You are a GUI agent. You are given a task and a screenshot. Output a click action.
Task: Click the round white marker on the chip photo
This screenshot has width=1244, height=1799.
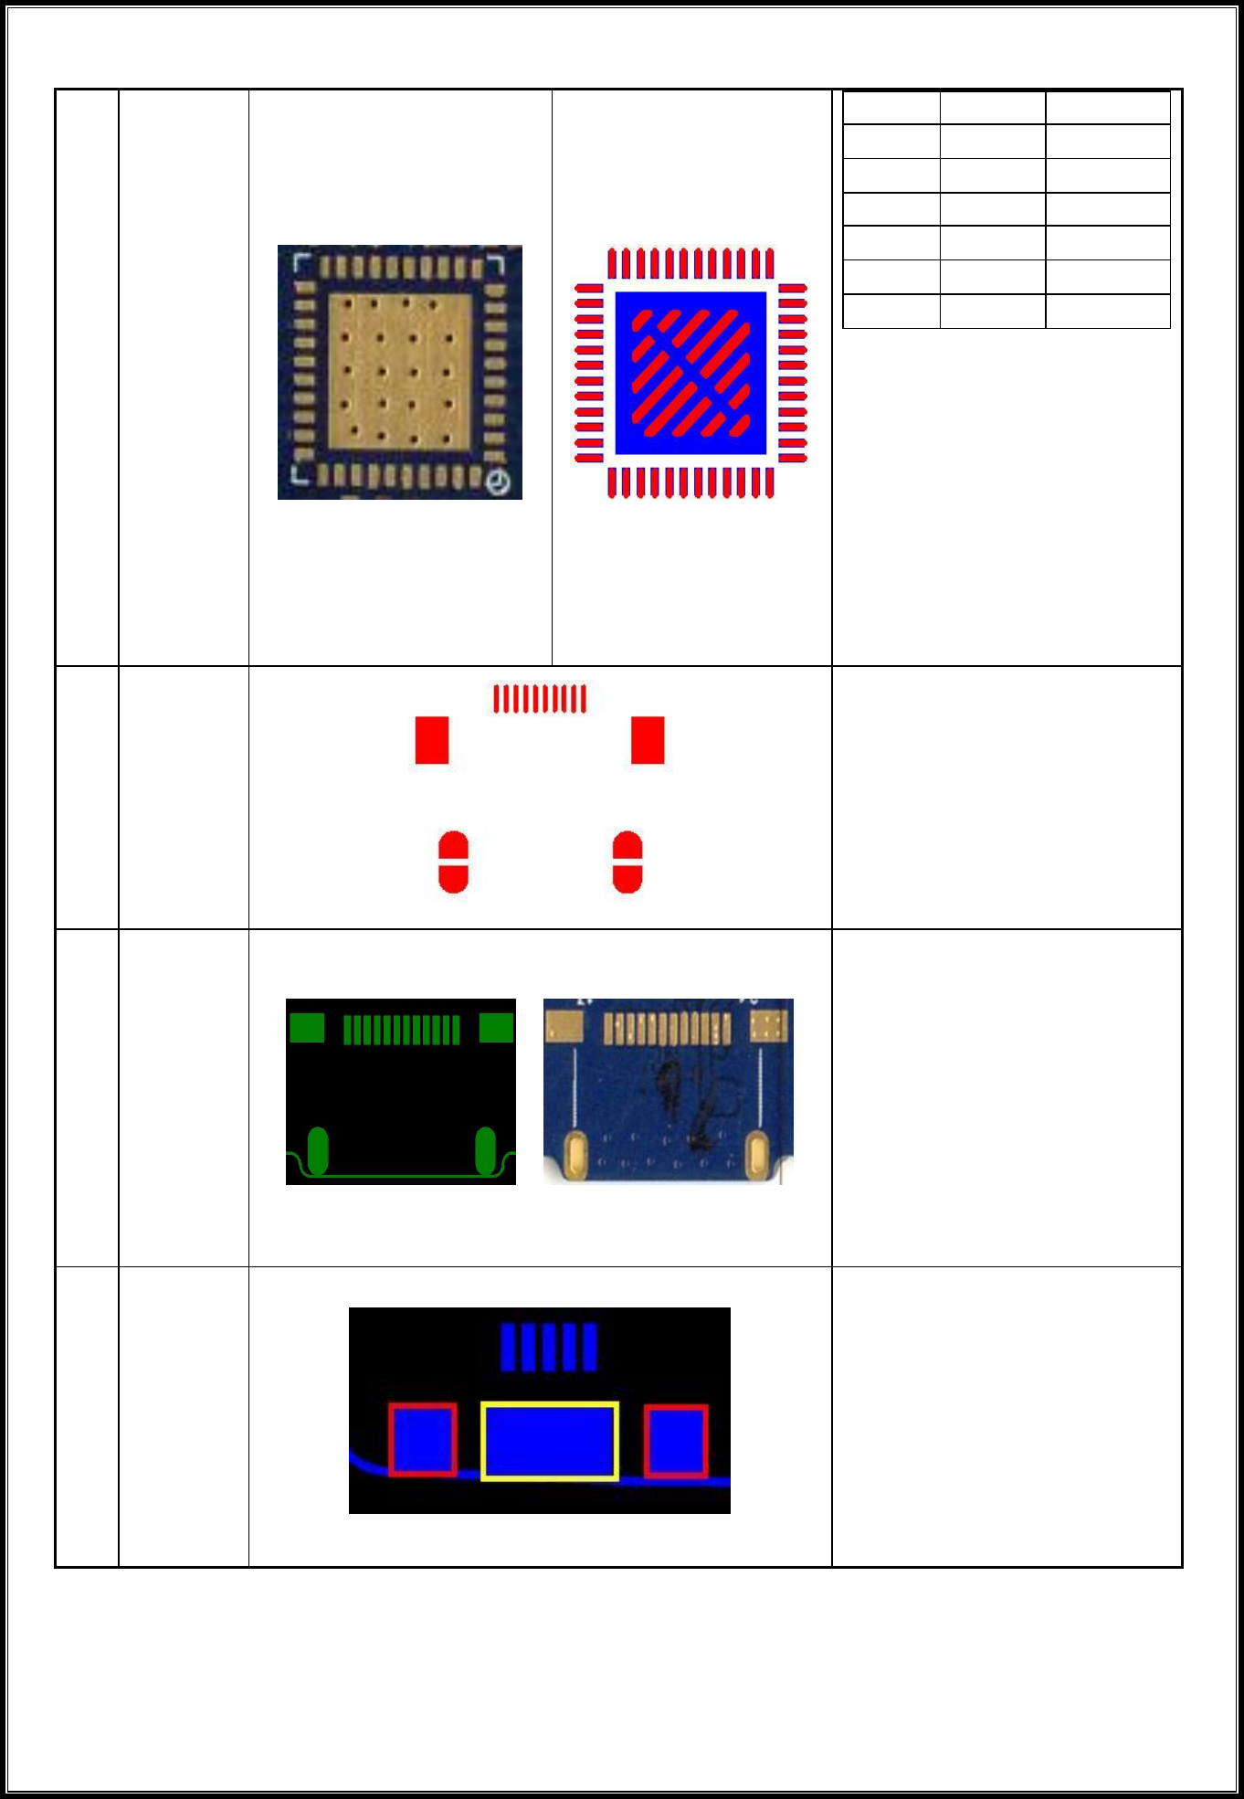tap(498, 482)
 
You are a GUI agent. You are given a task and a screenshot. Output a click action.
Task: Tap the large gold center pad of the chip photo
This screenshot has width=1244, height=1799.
tap(399, 371)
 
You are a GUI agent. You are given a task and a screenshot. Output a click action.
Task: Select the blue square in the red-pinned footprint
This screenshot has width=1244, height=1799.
tap(691, 373)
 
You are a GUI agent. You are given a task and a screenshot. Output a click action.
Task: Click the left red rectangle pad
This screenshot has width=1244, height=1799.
tap(432, 740)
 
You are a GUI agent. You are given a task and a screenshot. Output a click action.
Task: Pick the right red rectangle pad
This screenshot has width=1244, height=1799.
tap(648, 740)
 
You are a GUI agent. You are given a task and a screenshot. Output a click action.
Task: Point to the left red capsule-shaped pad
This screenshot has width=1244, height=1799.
tap(453, 862)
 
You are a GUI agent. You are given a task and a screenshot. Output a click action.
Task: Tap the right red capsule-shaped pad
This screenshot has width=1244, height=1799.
tap(627, 862)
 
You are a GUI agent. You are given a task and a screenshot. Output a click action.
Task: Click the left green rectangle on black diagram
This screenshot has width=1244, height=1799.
tap(307, 1028)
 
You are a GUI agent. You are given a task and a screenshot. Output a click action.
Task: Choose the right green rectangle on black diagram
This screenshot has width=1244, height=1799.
tap(496, 1028)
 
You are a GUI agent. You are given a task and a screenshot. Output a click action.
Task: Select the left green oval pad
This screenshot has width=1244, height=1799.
tap(317, 1151)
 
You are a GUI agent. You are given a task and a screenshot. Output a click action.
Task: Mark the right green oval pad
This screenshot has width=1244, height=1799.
tap(485, 1151)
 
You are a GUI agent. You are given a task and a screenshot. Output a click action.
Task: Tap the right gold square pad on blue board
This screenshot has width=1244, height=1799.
tap(769, 1025)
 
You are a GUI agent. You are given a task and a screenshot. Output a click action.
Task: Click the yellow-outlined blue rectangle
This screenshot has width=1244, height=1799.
tap(550, 1442)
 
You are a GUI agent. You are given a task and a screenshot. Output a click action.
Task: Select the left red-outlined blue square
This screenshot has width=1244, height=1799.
tap(423, 1440)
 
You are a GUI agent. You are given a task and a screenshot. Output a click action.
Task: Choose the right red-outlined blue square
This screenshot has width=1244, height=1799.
tap(676, 1442)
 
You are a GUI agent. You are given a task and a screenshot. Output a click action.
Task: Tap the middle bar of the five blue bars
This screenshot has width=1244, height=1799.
tap(549, 1348)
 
